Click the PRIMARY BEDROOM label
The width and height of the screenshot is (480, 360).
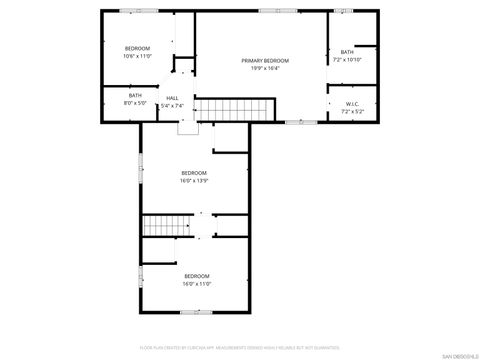261,61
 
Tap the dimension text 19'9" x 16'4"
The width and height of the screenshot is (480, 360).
261,69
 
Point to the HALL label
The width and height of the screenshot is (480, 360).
172,98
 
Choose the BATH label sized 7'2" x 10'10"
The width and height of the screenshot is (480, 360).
347,52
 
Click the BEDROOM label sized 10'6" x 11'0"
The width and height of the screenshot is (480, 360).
137,49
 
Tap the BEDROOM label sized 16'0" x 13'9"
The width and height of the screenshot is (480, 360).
194,173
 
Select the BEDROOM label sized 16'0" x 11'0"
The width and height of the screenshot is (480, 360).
196,276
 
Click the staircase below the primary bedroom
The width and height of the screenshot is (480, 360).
234,108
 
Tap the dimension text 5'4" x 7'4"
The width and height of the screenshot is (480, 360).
172,105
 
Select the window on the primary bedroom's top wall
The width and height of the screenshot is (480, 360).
268,11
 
